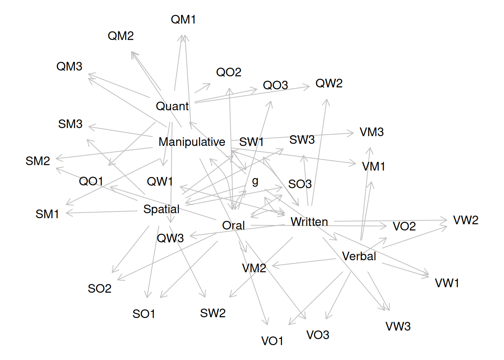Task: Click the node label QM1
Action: (183, 19)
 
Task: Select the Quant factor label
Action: (172, 106)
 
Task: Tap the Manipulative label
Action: (192, 142)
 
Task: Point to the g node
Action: (255, 181)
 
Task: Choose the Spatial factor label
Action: (161, 209)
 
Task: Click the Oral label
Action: (233, 226)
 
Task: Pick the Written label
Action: (309, 222)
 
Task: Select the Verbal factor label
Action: (359, 256)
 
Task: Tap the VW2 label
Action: (466, 220)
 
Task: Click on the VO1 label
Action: (272, 341)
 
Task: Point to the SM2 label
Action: (38, 161)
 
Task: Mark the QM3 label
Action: (69, 67)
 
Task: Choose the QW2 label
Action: (329, 84)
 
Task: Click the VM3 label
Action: (372, 132)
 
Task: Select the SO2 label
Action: (100, 289)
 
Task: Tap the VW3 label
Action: (398, 327)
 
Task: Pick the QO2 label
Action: (229, 72)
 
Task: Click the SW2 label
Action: (213, 313)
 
